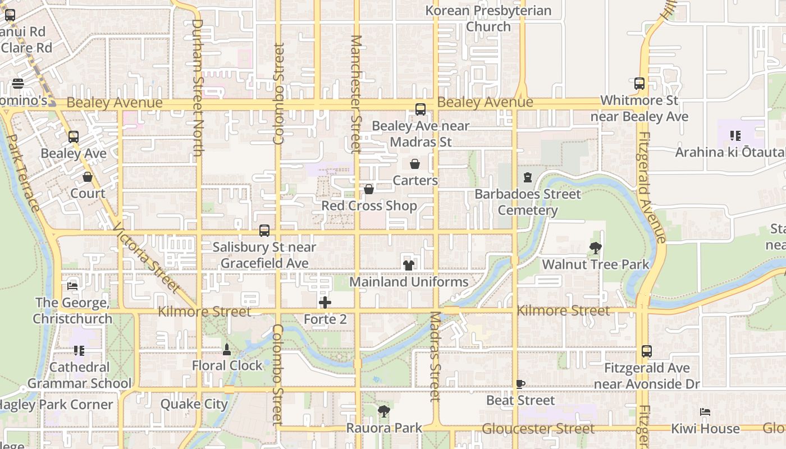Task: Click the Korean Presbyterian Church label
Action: tap(488, 19)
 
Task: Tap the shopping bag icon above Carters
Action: tap(415, 164)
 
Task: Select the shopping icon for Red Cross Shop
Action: tap(369, 189)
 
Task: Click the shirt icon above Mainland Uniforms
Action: tap(409, 265)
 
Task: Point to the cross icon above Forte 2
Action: tap(325, 303)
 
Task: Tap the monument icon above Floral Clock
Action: tap(227, 349)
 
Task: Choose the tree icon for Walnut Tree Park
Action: tap(595, 248)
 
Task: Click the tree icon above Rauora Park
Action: tap(384, 411)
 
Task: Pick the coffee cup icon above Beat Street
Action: tap(520, 384)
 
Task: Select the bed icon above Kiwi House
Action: tap(705, 412)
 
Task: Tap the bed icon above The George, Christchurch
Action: tap(72, 286)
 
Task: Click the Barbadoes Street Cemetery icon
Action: tap(528, 178)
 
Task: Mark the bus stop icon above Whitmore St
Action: tap(639, 84)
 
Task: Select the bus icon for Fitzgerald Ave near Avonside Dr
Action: tap(647, 351)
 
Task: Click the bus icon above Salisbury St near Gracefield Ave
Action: tap(264, 230)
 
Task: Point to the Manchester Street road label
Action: tap(356, 94)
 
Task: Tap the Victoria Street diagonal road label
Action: tap(147, 259)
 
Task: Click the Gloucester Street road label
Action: tap(538, 429)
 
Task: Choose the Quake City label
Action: tap(194, 404)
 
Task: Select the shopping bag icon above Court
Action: tap(88, 177)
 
